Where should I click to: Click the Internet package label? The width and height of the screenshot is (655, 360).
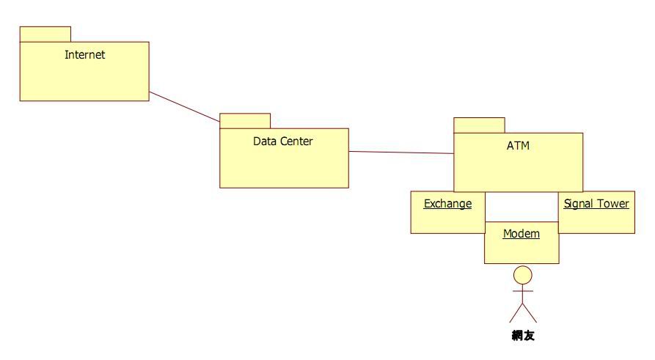tap(84, 54)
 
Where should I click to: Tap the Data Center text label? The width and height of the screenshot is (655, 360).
tap(282, 141)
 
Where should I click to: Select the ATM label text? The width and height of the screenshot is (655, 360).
tap(518, 145)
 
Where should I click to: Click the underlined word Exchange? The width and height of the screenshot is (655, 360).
tap(447, 203)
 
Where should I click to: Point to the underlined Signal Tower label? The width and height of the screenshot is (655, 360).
tap(596, 203)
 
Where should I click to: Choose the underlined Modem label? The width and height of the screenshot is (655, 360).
tap(521, 234)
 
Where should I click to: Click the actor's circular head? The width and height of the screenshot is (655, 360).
tap(522, 275)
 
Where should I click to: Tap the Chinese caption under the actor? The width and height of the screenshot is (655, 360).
tap(522, 337)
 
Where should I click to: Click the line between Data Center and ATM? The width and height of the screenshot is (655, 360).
tap(400, 153)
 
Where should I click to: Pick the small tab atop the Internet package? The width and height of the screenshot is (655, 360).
tap(45, 34)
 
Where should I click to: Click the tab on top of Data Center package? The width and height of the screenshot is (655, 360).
tap(245, 121)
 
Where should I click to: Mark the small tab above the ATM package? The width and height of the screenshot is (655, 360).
tap(479, 125)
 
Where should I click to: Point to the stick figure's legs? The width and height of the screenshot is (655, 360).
tap(522, 314)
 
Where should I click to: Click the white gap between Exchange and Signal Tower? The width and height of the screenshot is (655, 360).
tap(522, 206)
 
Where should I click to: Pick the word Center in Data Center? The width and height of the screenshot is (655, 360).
tap(296, 141)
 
